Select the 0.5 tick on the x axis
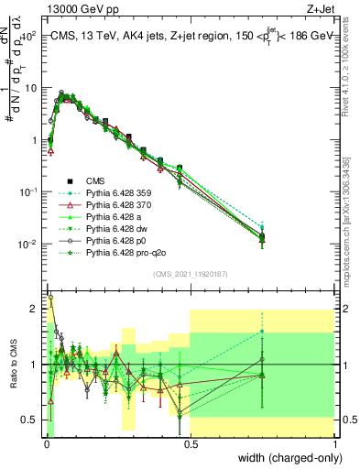pos(191,444)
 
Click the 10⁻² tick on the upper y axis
pos(28,244)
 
